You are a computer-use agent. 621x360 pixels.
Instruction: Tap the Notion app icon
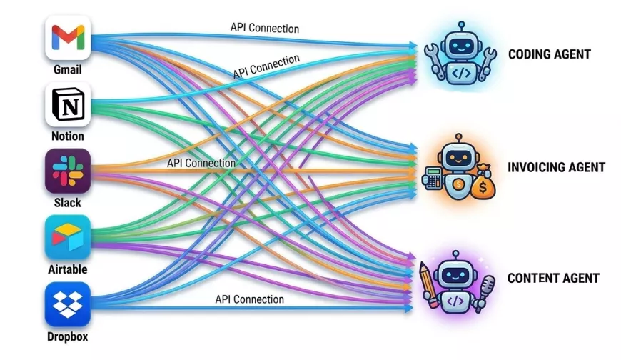68,104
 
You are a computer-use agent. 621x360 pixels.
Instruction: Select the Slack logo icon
68,171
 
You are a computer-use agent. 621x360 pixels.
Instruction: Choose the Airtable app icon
68,237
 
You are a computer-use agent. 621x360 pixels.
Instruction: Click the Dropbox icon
68,304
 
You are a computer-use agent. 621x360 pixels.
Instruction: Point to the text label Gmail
68,70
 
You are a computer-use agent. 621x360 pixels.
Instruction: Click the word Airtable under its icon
68,269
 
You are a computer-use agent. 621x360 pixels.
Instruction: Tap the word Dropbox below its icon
68,336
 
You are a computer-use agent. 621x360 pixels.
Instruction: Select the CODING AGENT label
549,54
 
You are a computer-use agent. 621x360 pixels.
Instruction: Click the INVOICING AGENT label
556,168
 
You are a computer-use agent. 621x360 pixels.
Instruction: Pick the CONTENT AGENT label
553,279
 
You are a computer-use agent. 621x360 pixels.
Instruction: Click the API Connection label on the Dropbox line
249,299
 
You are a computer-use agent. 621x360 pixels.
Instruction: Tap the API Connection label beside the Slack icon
201,163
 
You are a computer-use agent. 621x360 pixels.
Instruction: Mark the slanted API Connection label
266,67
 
